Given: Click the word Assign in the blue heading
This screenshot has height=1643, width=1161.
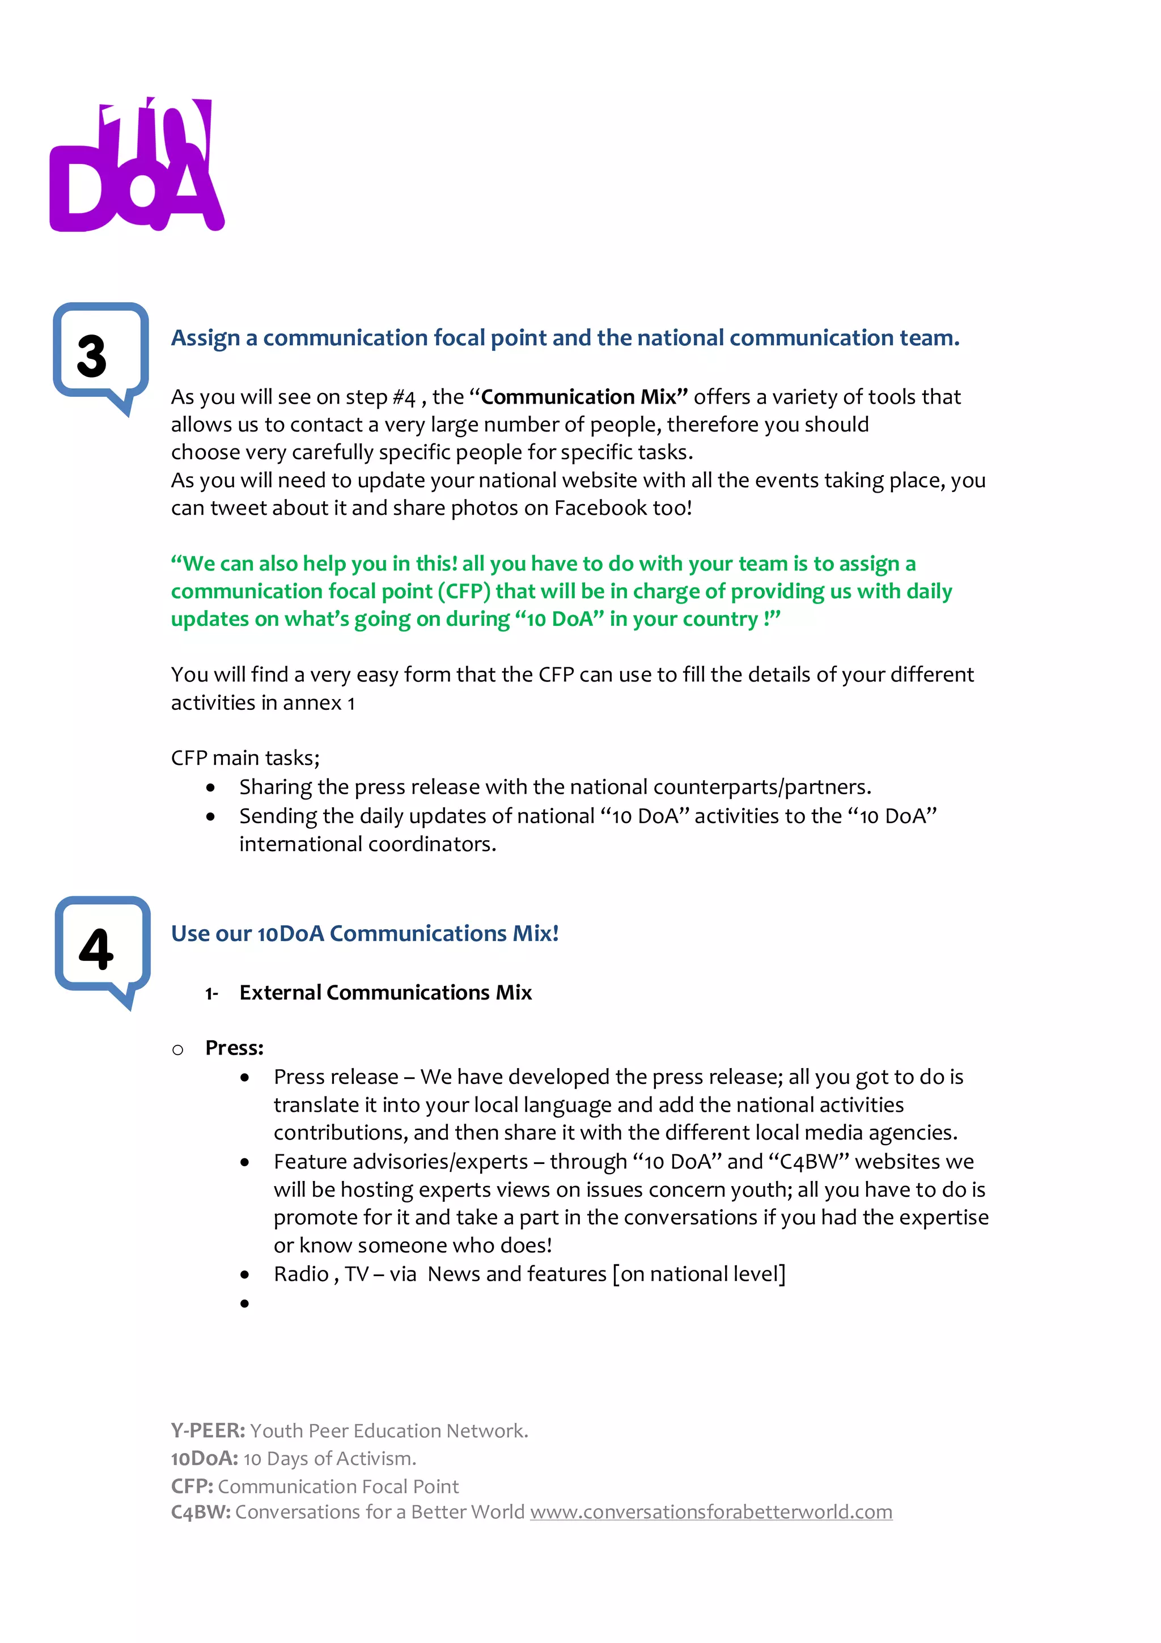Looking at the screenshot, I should (205, 338).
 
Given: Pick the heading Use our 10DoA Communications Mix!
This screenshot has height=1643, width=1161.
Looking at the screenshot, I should (364, 933).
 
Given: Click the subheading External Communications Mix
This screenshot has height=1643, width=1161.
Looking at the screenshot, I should (385, 993).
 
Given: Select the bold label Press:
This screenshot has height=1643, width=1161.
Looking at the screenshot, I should (234, 1048).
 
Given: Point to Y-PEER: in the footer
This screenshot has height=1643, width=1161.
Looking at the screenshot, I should (207, 1430).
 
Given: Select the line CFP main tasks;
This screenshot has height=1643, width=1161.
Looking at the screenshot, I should (245, 758).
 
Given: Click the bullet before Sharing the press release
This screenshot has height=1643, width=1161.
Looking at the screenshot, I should (210, 788).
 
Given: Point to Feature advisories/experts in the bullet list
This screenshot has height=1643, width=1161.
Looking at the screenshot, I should (401, 1162).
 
